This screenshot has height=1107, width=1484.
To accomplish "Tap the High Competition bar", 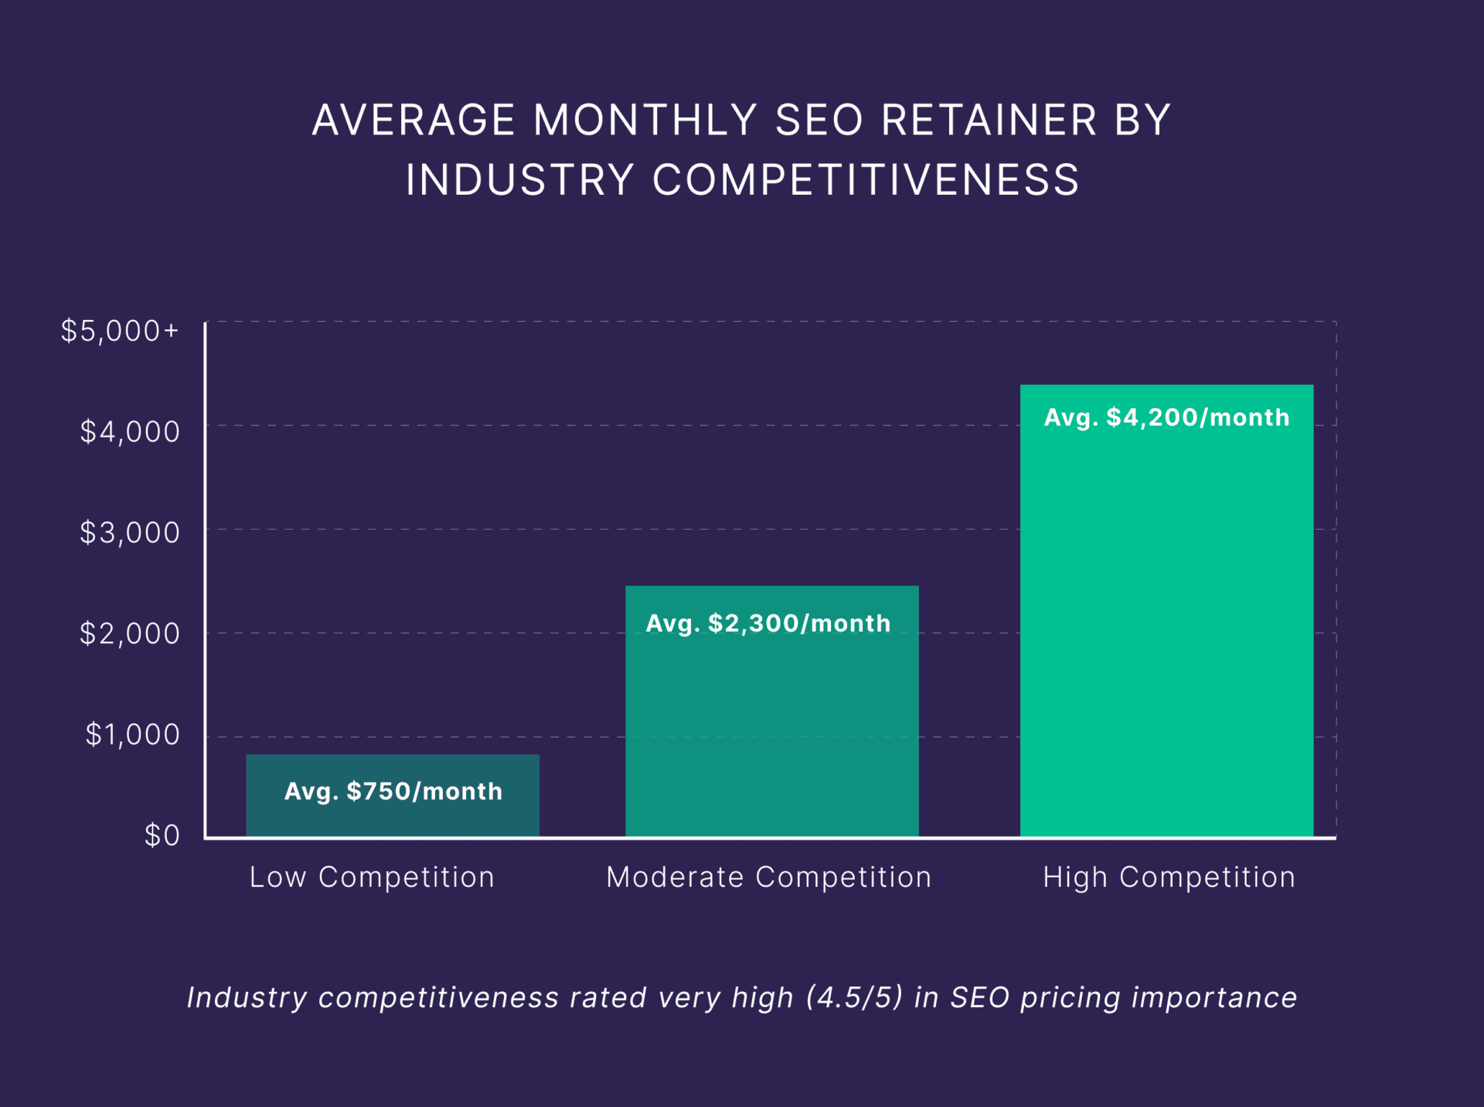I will coord(1166,618).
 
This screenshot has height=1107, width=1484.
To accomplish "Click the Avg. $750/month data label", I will coord(393,791).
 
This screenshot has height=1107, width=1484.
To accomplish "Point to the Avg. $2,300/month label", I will coord(768,623).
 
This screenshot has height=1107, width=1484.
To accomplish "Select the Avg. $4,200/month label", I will coord(1166,417).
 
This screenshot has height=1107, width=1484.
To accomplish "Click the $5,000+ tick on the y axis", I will coord(120,331).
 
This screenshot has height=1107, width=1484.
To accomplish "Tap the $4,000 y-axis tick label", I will coord(129,431).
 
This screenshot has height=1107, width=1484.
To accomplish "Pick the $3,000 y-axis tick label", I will coord(129,533).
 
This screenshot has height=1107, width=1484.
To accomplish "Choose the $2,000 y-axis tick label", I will coord(129,634).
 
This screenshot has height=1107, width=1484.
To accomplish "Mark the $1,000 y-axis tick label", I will coord(132,734).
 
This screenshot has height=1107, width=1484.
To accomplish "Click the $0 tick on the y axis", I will coord(162,835).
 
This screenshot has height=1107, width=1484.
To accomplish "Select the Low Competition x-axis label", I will coord(372,877).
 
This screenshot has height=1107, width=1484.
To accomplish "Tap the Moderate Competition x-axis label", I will coord(768,877).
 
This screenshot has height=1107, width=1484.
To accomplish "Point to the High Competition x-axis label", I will coord(1169,877).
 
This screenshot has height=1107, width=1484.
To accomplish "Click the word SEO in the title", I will coord(819,121).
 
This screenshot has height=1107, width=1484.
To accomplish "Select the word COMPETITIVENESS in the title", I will coord(866,180).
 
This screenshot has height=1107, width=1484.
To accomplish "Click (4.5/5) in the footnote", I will coord(854,997).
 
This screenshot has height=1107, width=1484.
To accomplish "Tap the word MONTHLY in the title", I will coord(645,121).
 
